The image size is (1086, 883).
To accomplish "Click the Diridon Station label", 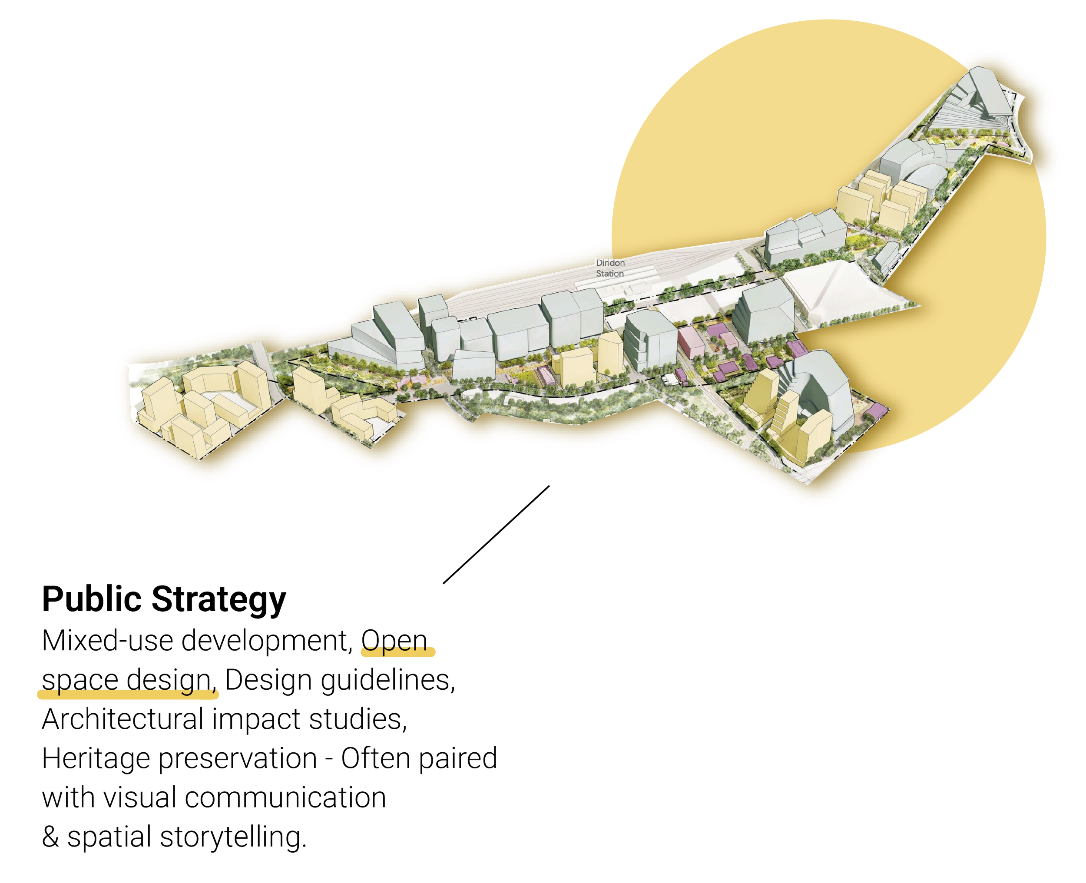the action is click(610, 268).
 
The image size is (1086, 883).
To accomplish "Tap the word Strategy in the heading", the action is click(219, 600).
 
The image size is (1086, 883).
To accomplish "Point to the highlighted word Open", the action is click(395, 642).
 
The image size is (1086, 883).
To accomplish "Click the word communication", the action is click(285, 798).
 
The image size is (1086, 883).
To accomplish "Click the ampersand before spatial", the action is click(50, 837).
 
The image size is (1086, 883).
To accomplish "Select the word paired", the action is click(458, 759).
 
